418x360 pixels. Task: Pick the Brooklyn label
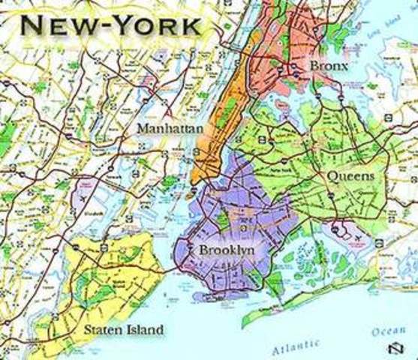click(225, 249)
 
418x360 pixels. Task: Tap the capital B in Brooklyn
click(203, 249)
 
